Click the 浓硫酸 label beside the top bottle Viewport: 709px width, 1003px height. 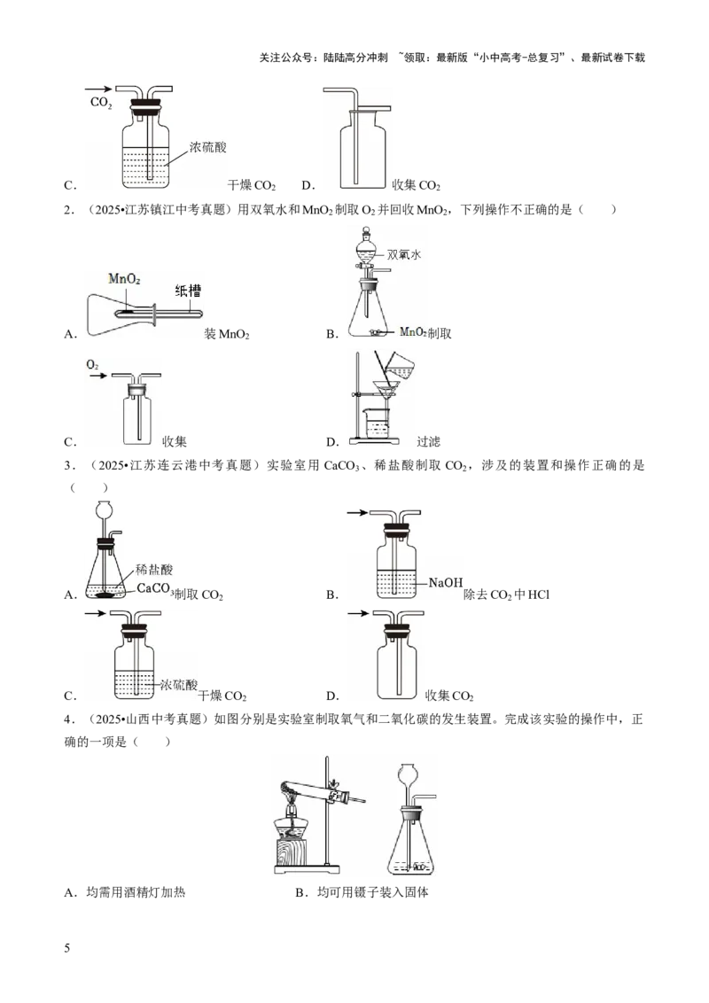coord(208,147)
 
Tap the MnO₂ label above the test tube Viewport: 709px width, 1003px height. coord(124,279)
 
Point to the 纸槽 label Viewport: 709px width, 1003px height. coord(188,291)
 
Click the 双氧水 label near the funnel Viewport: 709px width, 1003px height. coord(404,254)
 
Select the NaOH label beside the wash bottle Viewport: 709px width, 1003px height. coord(446,582)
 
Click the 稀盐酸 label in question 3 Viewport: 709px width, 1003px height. coord(154,570)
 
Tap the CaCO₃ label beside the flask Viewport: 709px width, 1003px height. coord(155,588)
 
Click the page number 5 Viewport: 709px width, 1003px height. coord(67,948)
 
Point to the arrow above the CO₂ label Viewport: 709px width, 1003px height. coord(98,89)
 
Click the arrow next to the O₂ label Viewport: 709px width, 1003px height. coord(97,376)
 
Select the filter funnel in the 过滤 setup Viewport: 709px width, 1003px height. coord(386,392)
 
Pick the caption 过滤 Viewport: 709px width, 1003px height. coord(428,441)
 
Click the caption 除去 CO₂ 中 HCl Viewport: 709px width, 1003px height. coord(506,595)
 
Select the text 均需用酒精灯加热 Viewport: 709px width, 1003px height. coord(136,892)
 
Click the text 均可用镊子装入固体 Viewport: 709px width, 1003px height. coord(373,892)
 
